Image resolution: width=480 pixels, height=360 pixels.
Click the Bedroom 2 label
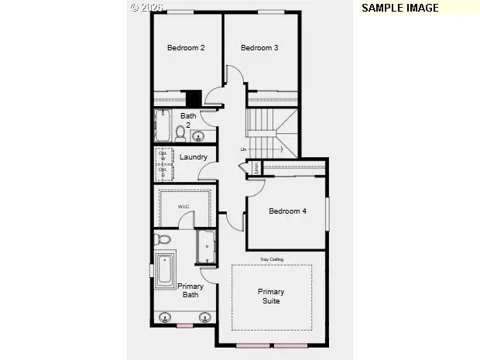click(x=186, y=48)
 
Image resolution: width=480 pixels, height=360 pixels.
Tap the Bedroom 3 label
click(x=259, y=48)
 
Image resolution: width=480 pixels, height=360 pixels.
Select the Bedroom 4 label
click(x=287, y=211)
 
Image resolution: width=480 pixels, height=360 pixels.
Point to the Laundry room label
click(x=193, y=157)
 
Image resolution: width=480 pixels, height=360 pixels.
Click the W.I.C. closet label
click(x=184, y=207)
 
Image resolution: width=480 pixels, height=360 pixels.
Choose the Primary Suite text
click(x=271, y=297)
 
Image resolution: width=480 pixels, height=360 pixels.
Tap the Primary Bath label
click(x=190, y=290)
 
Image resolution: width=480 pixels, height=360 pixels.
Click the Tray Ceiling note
click(x=271, y=259)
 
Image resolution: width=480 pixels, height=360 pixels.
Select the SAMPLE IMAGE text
click(x=400, y=8)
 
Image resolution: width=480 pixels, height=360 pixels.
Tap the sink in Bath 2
click(x=198, y=138)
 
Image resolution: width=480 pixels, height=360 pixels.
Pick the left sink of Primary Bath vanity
click(x=166, y=317)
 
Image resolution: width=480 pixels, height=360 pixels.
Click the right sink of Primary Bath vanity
click(x=205, y=317)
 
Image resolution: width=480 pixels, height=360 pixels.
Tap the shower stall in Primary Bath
click(x=207, y=248)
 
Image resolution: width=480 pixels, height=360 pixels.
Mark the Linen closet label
click(x=256, y=168)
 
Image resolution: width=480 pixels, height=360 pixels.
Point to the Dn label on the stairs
click(x=244, y=149)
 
